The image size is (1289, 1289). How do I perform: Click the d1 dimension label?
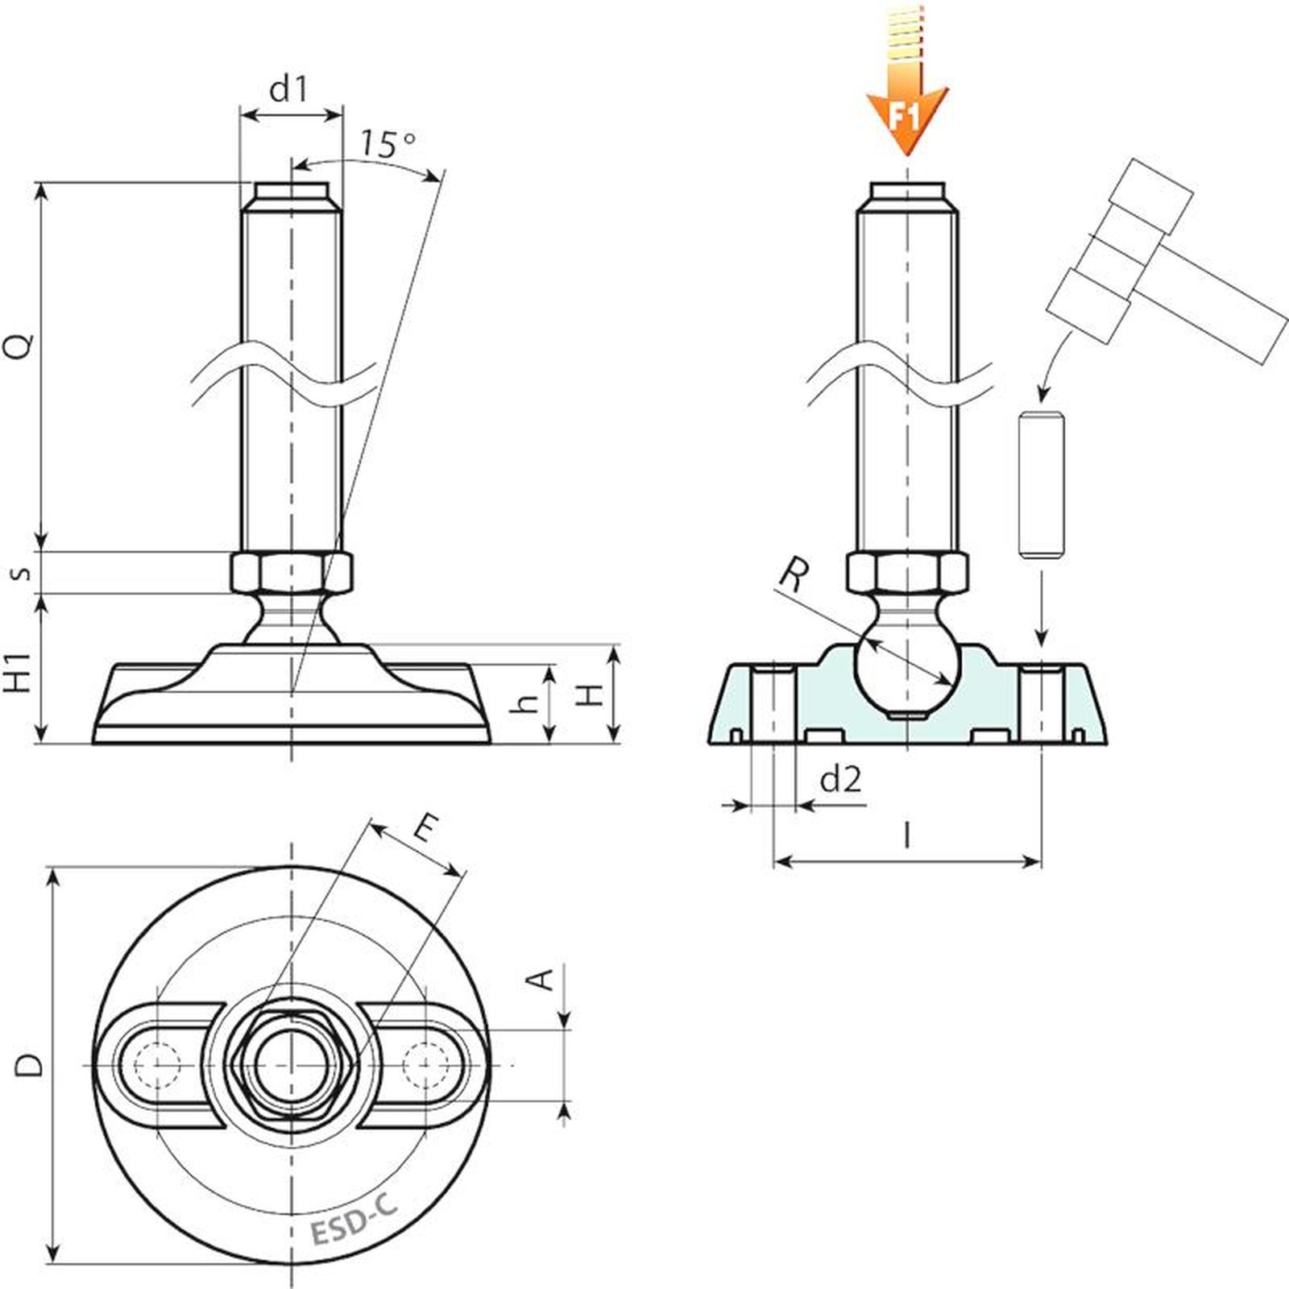(x=288, y=89)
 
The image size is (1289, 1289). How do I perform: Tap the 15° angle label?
(x=388, y=143)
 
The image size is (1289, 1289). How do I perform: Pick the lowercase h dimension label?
(x=525, y=703)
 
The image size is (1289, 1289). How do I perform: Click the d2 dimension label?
(x=840, y=779)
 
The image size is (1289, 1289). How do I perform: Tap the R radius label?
(x=794, y=575)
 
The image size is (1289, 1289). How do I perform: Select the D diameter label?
(x=30, y=1065)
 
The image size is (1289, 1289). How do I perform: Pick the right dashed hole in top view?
(x=427, y=1065)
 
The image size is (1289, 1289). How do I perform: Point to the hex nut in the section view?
(x=907, y=573)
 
